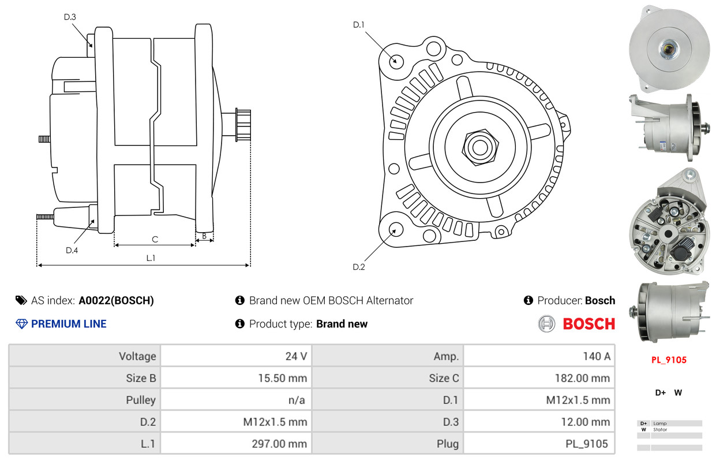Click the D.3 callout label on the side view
(70, 17)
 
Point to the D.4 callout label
(72, 250)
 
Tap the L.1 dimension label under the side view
(151, 258)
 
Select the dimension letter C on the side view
(155, 239)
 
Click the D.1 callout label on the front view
(359, 25)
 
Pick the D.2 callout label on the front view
(359, 267)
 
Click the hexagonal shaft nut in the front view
(480, 147)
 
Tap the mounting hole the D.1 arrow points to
(396, 61)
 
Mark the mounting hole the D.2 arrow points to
(396, 230)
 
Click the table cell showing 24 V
(296, 356)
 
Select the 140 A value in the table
(597, 356)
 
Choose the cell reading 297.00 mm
(279, 444)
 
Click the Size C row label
(444, 378)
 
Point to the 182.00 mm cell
(582, 378)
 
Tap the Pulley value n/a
(297, 400)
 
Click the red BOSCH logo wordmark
(589, 324)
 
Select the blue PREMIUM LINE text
(69, 324)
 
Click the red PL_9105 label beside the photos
(669, 360)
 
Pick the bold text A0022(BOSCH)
(117, 300)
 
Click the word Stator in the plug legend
(660, 429)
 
